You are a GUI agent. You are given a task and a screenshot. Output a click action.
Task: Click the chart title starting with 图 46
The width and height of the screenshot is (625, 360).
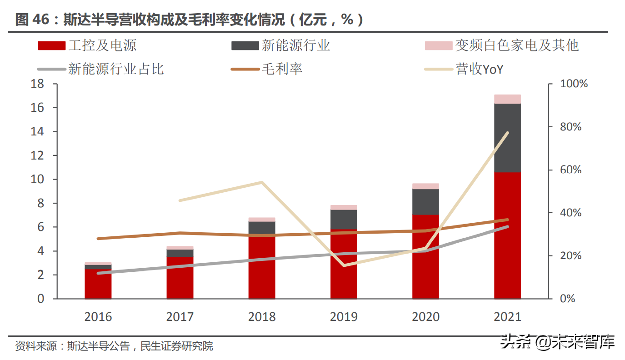click(x=189, y=20)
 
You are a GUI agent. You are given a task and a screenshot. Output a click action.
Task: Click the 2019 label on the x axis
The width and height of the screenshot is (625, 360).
click(x=344, y=317)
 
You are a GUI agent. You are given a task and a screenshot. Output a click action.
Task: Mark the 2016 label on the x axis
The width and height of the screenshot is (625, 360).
click(x=98, y=317)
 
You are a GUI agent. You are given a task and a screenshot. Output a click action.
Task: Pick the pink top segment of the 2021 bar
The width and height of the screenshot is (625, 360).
click(x=507, y=99)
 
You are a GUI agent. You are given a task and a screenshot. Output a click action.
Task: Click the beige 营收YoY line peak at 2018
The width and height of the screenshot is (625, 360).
click(x=262, y=183)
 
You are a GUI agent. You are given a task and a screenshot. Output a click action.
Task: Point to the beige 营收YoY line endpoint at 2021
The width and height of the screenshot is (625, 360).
click(x=507, y=133)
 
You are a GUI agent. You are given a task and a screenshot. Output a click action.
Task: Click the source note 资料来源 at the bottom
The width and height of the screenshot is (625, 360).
click(x=114, y=346)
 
